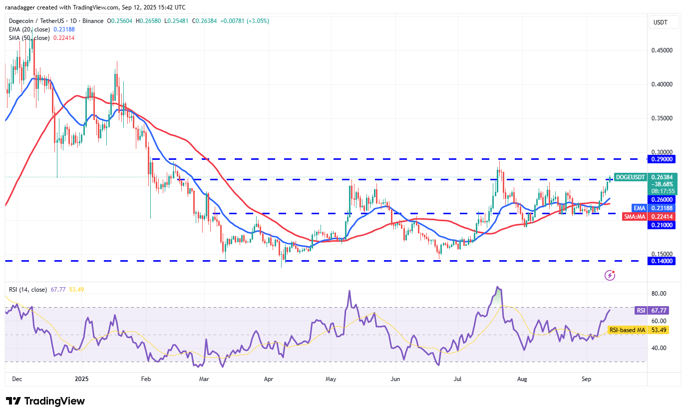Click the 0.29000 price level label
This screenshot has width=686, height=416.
[x=661, y=159]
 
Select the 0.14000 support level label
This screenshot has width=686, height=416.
[x=661, y=261]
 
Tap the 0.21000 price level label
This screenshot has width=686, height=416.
[x=661, y=225]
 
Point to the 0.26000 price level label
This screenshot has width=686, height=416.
[x=661, y=199]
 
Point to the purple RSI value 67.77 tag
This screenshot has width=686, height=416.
[x=641, y=310]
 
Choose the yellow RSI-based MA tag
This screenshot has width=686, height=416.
[x=628, y=330]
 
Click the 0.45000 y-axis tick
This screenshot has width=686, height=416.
[x=662, y=50]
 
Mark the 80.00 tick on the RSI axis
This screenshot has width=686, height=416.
[x=660, y=294]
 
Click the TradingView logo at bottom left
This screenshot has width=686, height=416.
[x=45, y=401]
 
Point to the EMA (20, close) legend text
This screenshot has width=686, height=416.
[x=29, y=29]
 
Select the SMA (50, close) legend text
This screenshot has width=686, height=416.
[x=29, y=38]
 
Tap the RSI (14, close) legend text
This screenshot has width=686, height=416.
[x=27, y=290]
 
